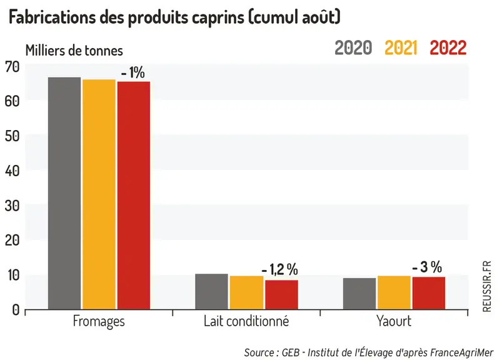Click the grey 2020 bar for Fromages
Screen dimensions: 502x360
pyautogui.click(x=64, y=193)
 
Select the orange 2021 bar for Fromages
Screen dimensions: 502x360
pyautogui.click(x=99, y=194)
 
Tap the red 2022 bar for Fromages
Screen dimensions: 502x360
pyautogui.click(x=134, y=196)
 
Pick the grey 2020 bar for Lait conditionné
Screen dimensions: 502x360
pyautogui.click(x=212, y=291)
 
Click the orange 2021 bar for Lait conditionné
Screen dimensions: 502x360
pyautogui.click(x=246, y=292)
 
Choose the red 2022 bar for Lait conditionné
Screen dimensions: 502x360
pyautogui.click(x=282, y=295)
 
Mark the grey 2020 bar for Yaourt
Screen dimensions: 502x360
pyautogui.click(x=359, y=294)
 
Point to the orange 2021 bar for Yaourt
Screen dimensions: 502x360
pyautogui.click(x=394, y=292)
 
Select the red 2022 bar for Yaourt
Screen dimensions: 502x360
pyautogui.click(x=429, y=293)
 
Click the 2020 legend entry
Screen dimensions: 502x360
pyautogui.click(x=353, y=48)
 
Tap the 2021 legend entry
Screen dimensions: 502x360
pyautogui.click(x=401, y=48)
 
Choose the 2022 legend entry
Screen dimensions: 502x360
pyautogui.click(x=448, y=48)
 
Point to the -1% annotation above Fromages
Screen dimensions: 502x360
pyautogui.click(x=133, y=73)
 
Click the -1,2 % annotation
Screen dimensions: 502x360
pyautogui.click(x=280, y=269)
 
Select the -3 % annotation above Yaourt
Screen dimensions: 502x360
pyautogui.click(x=427, y=267)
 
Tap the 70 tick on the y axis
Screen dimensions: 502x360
pyautogui.click(x=12, y=67)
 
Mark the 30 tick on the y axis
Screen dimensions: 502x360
pyautogui.click(x=12, y=206)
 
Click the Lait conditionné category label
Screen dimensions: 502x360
pyautogui.click(x=246, y=321)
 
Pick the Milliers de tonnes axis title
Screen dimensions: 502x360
pyautogui.click(x=74, y=51)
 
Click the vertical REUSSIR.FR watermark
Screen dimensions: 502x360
pyautogui.click(x=487, y=286)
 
